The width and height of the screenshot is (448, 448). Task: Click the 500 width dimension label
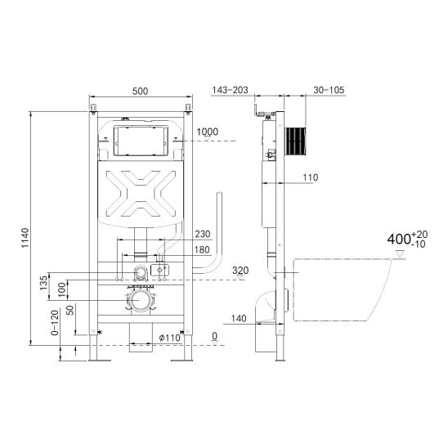(x=141, y=91)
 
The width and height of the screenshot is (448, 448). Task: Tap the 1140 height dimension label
(x=25, y=238)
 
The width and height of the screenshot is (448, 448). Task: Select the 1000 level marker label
(x=208, y=132)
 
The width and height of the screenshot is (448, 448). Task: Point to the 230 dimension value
(x=203, y=234)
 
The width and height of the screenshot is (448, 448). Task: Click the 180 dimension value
(x=202, y=249)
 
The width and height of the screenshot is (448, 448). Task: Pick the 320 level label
(x=240, y=270)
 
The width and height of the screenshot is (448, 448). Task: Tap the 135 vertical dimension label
(x=43, y=283)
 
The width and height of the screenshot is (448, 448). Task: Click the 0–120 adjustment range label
(x=55, y=323)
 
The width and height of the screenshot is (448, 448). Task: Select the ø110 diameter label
(x=170, y=338)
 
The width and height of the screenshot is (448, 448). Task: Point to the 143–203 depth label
(x=230, y=90)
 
